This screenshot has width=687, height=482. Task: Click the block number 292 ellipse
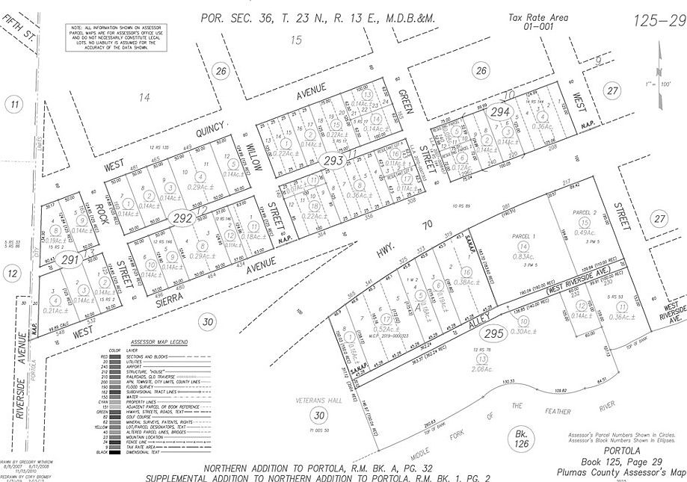182,218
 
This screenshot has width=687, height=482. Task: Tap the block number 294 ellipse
500,112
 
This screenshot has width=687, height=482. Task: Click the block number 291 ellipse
70,261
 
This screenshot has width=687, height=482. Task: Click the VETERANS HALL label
318,399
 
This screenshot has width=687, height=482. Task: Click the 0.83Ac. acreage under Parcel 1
524,256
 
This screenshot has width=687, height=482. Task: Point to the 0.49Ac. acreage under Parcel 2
585,232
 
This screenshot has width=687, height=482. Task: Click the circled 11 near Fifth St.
14,105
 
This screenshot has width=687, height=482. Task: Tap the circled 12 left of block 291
13,274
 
